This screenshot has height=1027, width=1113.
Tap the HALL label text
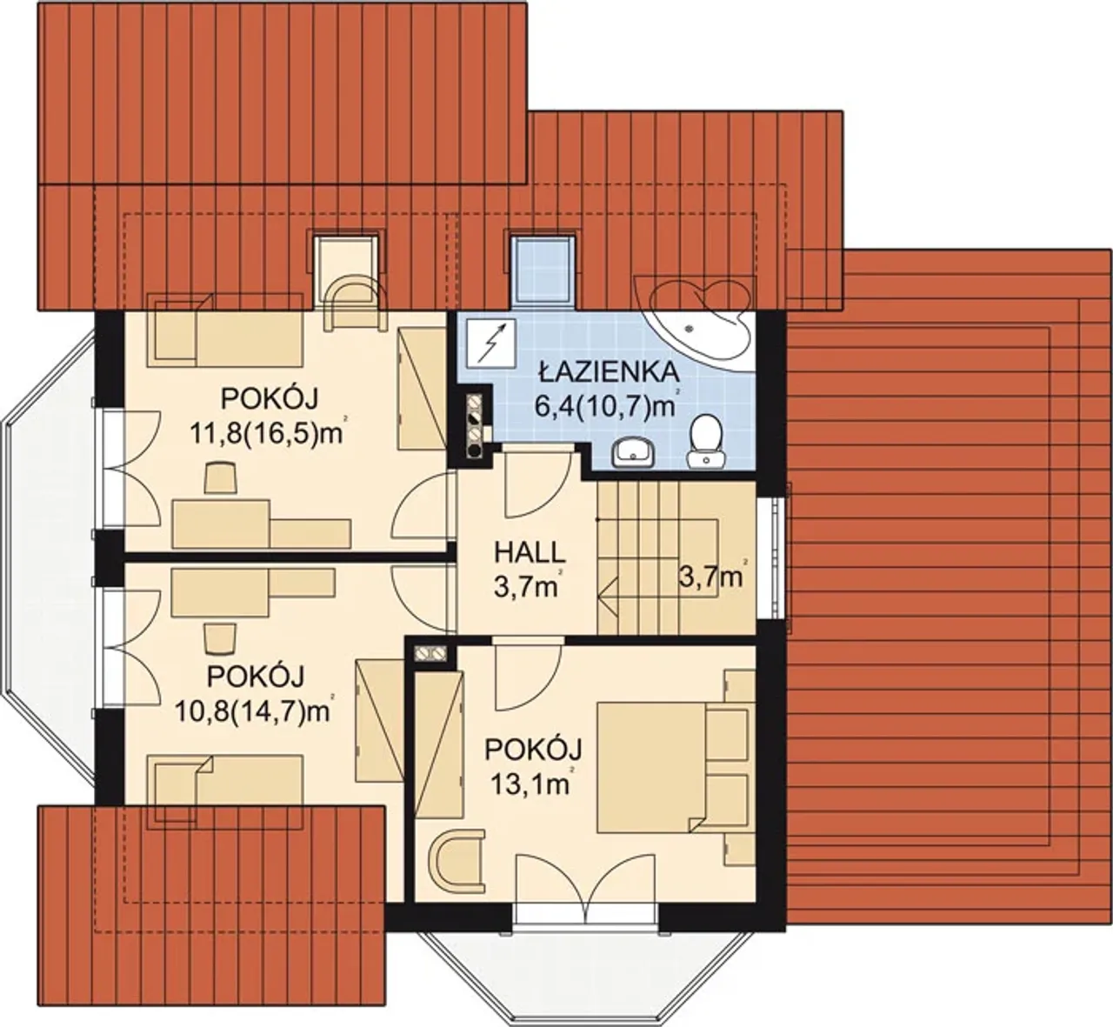coord(529,553)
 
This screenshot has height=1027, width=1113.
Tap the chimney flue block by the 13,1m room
coord(430,654)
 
